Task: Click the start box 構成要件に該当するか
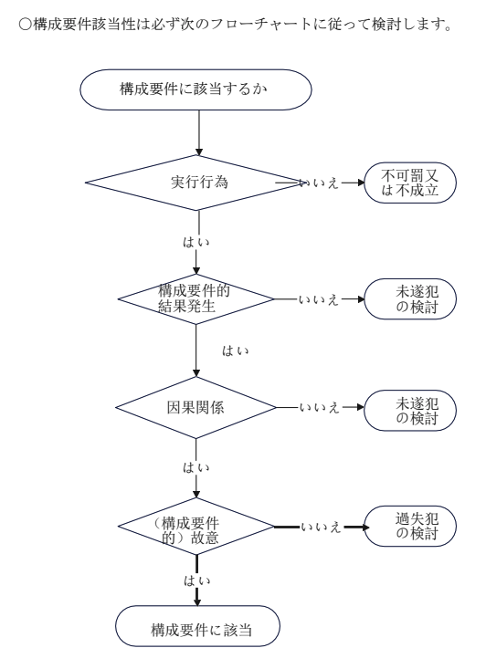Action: (195, 89)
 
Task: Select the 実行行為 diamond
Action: (196, 183)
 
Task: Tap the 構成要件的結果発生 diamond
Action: (196, 299)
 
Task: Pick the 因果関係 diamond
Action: (196, 407)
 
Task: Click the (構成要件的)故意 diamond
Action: (196, 527)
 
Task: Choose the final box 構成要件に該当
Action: (197, 626)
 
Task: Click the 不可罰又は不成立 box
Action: (410, 183)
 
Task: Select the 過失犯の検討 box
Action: (410, 526)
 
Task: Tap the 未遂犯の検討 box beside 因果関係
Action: (410, 411)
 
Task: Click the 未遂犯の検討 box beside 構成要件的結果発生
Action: (410, 299)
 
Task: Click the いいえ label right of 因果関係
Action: (320, 408)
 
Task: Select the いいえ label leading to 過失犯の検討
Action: (321, 527)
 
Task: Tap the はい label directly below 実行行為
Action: (196, 242)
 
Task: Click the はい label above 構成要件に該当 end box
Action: (197, 580)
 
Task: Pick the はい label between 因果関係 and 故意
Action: (196, 467)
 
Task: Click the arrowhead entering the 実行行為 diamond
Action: (198, 152)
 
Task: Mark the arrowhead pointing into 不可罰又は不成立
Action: (361, 183)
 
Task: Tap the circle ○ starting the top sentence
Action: (26, 25)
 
